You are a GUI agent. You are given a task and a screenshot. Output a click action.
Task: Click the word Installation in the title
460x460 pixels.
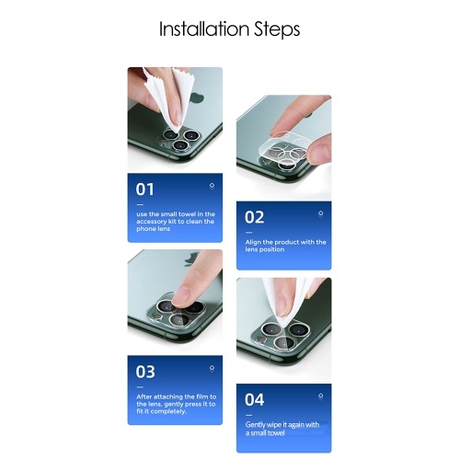point(204,29)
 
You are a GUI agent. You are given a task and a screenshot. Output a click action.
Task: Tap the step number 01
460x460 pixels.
point(144,190)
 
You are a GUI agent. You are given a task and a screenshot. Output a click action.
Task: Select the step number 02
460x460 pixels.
point(254,217)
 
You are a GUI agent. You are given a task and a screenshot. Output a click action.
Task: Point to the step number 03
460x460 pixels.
point(145,372)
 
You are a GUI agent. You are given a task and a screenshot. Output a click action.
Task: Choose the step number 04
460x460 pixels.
point(254,399)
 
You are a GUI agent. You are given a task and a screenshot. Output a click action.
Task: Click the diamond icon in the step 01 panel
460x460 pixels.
point(212,186)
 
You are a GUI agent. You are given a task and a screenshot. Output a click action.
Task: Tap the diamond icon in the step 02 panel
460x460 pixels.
point(320,213)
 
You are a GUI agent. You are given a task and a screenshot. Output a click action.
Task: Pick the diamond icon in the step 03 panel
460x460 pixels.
point(212,368)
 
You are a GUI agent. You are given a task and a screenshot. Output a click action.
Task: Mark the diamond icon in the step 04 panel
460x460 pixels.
point(320,396)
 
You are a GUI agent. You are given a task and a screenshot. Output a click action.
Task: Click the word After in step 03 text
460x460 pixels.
point(144,397)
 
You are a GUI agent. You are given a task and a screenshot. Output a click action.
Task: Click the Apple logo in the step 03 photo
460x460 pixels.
point(190,259)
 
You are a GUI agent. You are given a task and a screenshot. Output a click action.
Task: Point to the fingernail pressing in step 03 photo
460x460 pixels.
point(180,296)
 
